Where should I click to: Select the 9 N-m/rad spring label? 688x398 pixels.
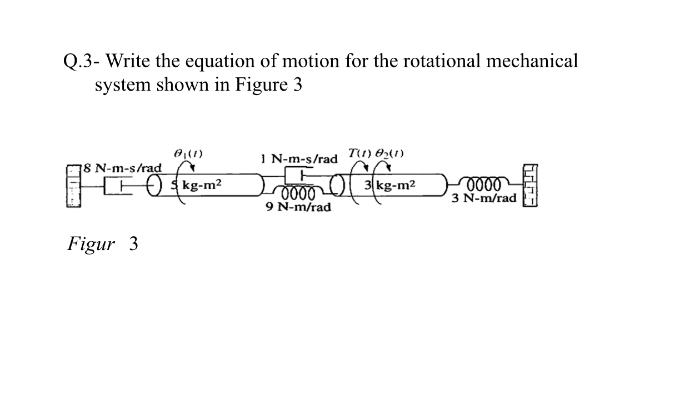click(298, 207)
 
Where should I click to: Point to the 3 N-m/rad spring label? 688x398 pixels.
click(484, 198)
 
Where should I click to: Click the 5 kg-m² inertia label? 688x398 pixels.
click(196, 185)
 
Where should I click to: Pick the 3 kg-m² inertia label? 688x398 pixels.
click(390, 185)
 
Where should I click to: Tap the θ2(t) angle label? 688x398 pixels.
click(389, 153)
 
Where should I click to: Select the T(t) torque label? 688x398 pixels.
click(360, 153)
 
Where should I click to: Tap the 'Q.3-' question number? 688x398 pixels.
click(81, 61)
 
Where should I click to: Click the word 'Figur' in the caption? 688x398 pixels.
click(91, 244)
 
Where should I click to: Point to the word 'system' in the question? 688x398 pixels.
click(123, 85)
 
